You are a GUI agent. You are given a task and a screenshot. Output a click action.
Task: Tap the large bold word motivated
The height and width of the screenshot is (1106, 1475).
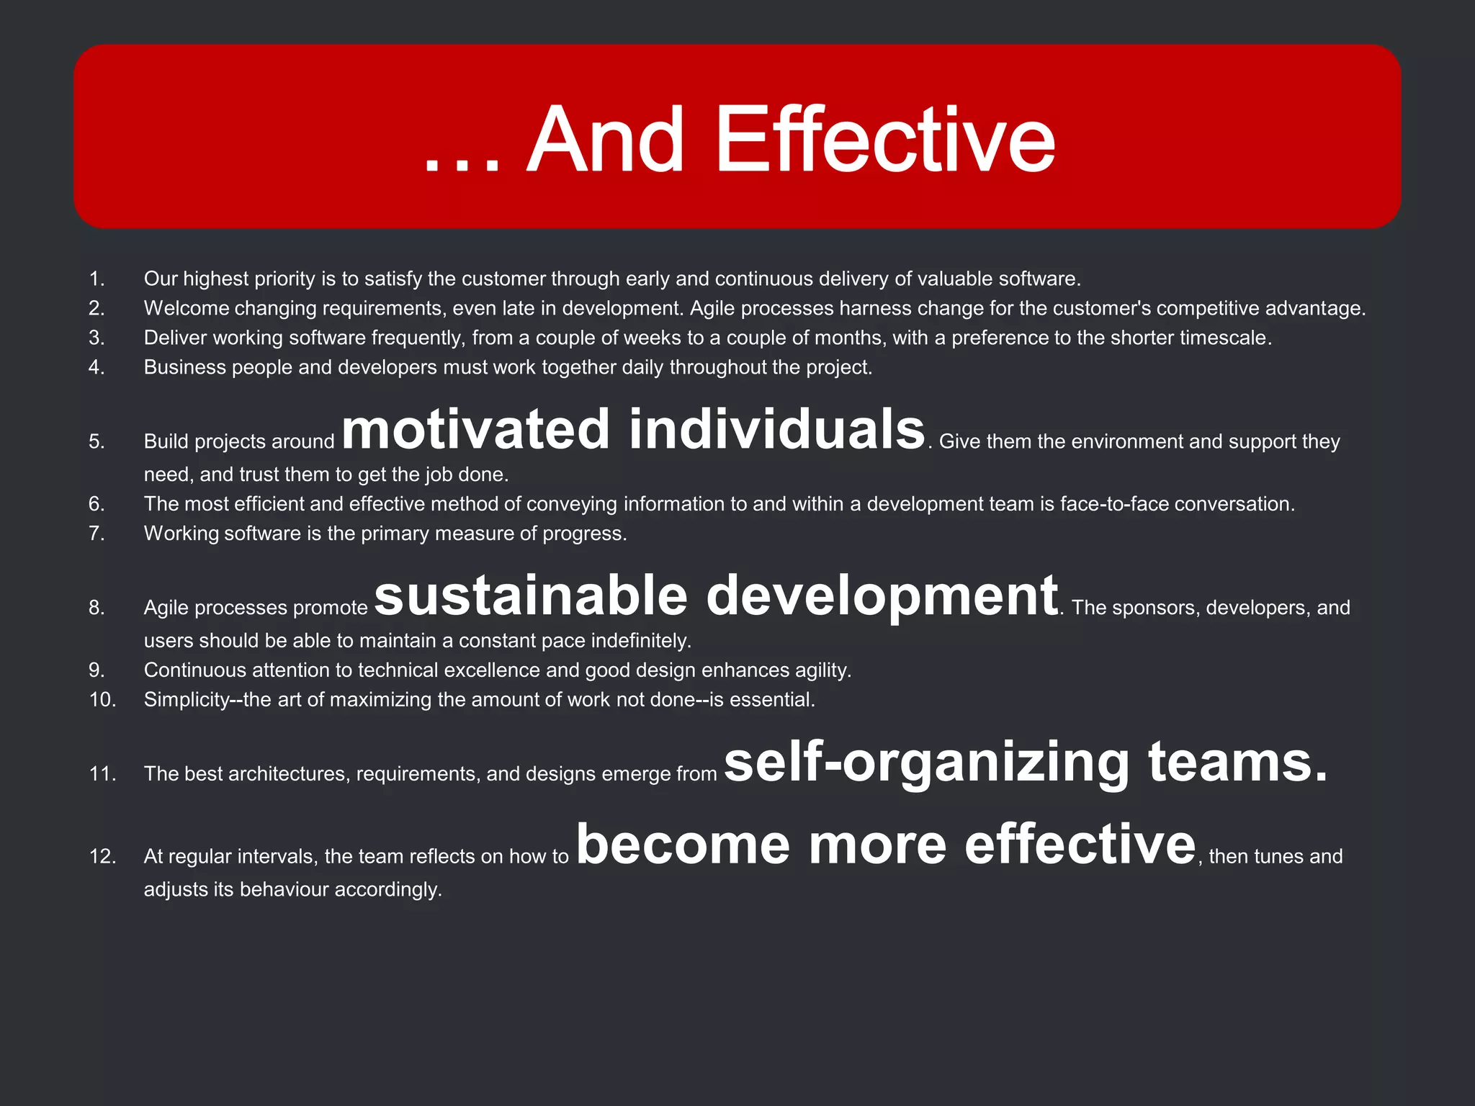(475, 430)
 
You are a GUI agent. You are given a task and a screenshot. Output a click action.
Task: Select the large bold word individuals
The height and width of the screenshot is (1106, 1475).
(776, 430)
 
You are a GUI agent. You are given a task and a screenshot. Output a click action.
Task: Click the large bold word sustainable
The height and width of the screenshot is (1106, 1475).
(531, 596)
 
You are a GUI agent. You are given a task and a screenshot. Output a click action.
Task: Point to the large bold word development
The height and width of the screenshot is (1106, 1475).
(882, 596)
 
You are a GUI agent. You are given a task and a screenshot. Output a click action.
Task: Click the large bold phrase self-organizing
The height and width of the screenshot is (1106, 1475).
(926, 763)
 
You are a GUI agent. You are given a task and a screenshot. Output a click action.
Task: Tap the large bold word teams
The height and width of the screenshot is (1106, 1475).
(1237, 763)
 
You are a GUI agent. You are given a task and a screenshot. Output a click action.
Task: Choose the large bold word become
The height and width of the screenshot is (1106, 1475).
(683, 845)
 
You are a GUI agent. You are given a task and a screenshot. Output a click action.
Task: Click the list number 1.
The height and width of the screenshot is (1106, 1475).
(97, 279)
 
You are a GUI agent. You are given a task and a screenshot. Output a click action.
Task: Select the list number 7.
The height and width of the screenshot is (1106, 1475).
(97, 534)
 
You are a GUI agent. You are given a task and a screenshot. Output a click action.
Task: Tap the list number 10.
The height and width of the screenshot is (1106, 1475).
(102, 700)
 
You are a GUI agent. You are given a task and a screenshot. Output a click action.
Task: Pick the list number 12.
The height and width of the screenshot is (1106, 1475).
(102, 856)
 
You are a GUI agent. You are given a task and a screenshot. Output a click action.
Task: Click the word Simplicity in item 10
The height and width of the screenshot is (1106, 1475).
(187, 700)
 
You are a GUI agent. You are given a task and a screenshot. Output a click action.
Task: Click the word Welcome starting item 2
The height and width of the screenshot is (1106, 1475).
(186, 308)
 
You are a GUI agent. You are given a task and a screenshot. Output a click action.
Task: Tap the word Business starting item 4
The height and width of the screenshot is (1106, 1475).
(184, 367)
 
